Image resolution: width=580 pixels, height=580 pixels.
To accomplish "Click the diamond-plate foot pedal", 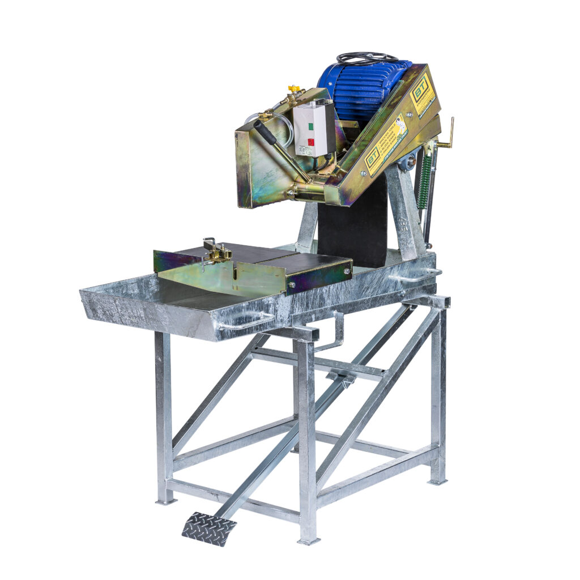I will tap(209, 528).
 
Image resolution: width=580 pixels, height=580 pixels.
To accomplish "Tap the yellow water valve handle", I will tap(293, 89).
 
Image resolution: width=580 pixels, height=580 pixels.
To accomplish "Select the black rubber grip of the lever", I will tap(265, 132).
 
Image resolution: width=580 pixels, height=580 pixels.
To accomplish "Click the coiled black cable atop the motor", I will tap(367, 58).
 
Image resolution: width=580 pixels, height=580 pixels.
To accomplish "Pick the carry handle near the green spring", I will tap(416, 276).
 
